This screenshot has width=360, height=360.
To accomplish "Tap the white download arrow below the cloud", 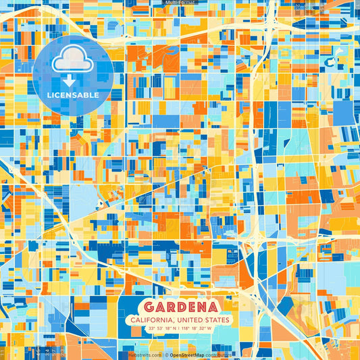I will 72,82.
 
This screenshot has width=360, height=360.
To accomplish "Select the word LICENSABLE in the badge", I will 72,95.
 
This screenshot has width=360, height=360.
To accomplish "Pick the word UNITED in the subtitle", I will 190,319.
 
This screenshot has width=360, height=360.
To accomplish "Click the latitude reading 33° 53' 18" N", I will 159,328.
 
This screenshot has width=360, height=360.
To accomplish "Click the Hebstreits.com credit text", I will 144,355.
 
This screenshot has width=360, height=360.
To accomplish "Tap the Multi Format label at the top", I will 180,3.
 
